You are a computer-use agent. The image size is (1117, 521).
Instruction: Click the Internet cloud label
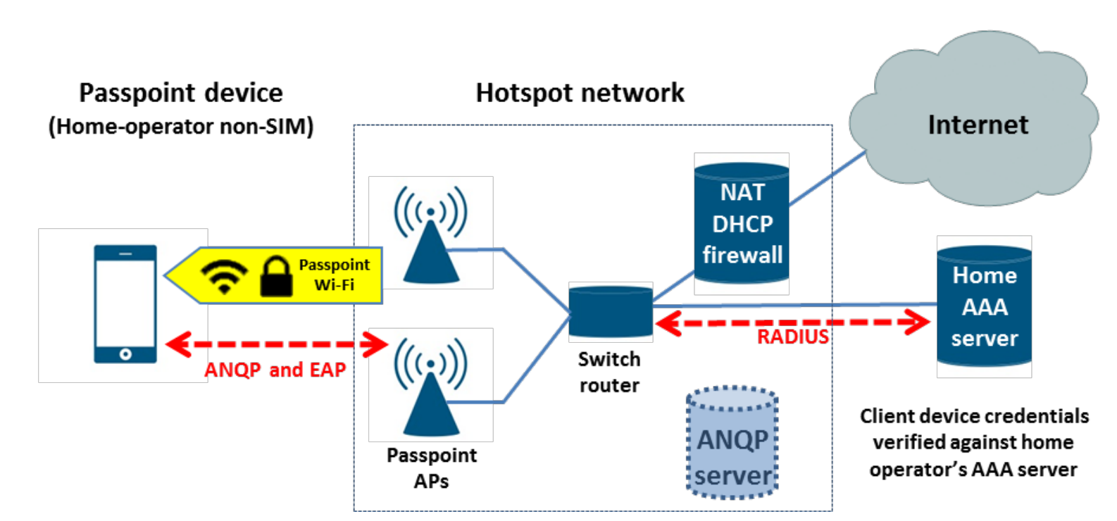[978, 125]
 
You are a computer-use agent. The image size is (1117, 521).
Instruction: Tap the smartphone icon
[125, 304]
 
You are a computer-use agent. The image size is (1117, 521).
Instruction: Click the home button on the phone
[125, 353]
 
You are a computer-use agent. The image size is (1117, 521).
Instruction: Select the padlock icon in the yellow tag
[276, 277]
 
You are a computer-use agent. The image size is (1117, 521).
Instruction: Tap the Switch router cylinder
[611, 310]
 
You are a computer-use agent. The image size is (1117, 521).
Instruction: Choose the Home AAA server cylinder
[984, 306]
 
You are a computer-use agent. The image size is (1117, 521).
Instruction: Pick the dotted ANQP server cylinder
[732, 443]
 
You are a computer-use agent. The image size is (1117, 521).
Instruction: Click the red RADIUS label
[793, 337]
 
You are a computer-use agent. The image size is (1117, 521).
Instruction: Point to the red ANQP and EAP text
[275, 370]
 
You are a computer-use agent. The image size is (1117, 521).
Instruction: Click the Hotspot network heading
[580, 93]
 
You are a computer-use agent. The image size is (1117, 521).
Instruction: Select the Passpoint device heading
[180, 93]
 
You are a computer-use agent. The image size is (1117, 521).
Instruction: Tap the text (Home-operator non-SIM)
[180, 127]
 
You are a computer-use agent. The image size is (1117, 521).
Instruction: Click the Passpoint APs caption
[431, 468]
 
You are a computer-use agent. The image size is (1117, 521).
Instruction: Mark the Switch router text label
[609, 372]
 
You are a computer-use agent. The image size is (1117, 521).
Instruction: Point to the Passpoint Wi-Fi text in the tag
[334, 275]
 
